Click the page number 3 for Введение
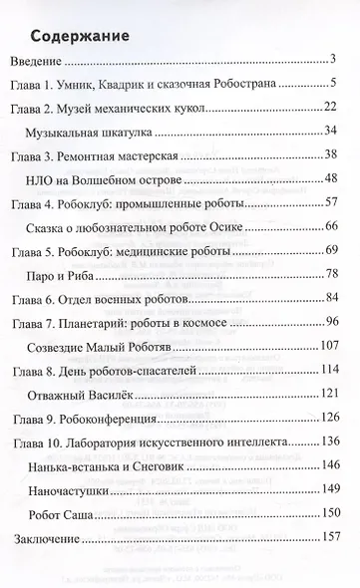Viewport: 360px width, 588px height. (x=340, y=63)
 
